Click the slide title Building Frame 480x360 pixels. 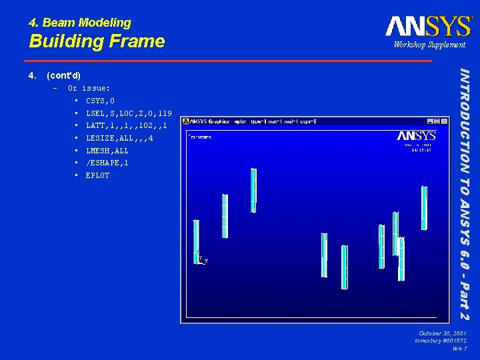click(x=97, y=41)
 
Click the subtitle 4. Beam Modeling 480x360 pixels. click(x=80, y=23)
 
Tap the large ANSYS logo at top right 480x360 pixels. click(x=428, y=26)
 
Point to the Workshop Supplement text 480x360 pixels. click(x=429, y=45)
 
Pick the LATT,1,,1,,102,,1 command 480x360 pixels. click(x=127, y=125)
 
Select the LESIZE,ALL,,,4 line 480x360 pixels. click(x=119, y=138)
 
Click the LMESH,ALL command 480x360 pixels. click(x=107, y=151)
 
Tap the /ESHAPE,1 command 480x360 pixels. click(x=107, y=163)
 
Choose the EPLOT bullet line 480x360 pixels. click(x=97, y=175)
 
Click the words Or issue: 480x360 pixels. click(x=89, y=88)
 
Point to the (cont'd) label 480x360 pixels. click(x=64, y=75)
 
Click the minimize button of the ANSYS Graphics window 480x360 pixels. click(x=430, y=121)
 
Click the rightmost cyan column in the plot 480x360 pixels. click(x=424, y=207)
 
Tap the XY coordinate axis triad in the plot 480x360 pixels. click(x=201, y=259)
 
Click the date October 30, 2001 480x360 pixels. click(x=442, y=333)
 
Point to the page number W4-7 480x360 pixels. click(x=459, y=349)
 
